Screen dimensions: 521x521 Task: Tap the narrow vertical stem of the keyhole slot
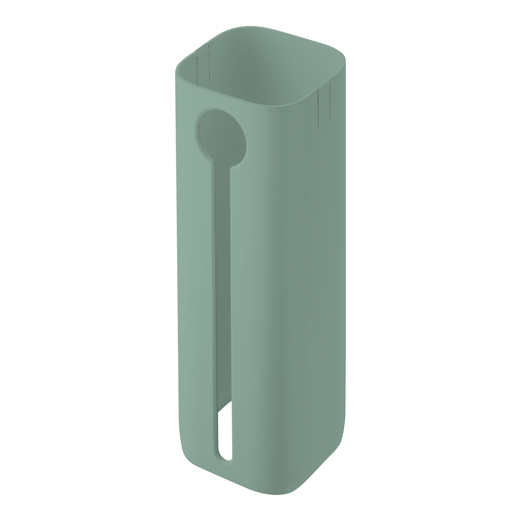(223, 270)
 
